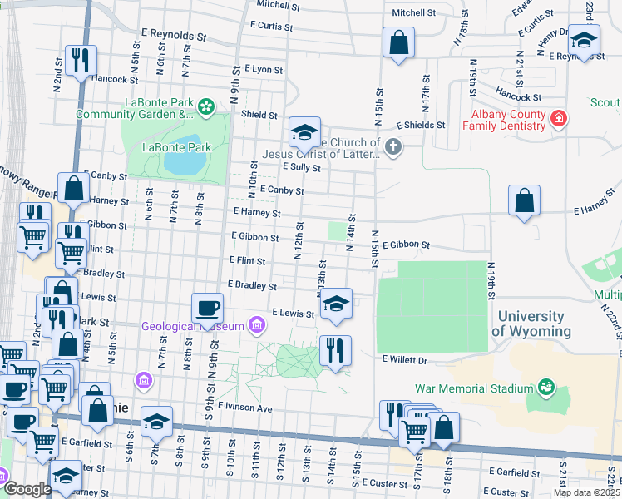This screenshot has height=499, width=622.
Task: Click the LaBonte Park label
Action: click(x=176, y=147)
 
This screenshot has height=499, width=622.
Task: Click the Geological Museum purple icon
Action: click(x=257, y=325)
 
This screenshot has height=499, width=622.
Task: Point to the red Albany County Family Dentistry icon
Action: click(x=560, y=120)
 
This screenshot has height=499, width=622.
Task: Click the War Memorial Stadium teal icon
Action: click(x=546, y=388)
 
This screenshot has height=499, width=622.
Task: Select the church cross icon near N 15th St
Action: click(x=393, y=147)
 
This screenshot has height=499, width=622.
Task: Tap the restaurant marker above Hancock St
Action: click(x=81, y=60)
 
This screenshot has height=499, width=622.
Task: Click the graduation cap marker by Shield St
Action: click(x=304, y=131)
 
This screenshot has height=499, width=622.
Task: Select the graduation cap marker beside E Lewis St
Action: click(x=336, y=304)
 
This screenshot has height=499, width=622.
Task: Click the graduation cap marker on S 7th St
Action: click(x=155, y=421)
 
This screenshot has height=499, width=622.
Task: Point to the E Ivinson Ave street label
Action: click(x=245, y=408)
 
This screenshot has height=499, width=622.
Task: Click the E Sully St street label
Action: click(x=301, y=167)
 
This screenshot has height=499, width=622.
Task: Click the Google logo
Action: click(x=27, y=489)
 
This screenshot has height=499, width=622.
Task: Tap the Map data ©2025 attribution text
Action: click(x=587, y=492)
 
